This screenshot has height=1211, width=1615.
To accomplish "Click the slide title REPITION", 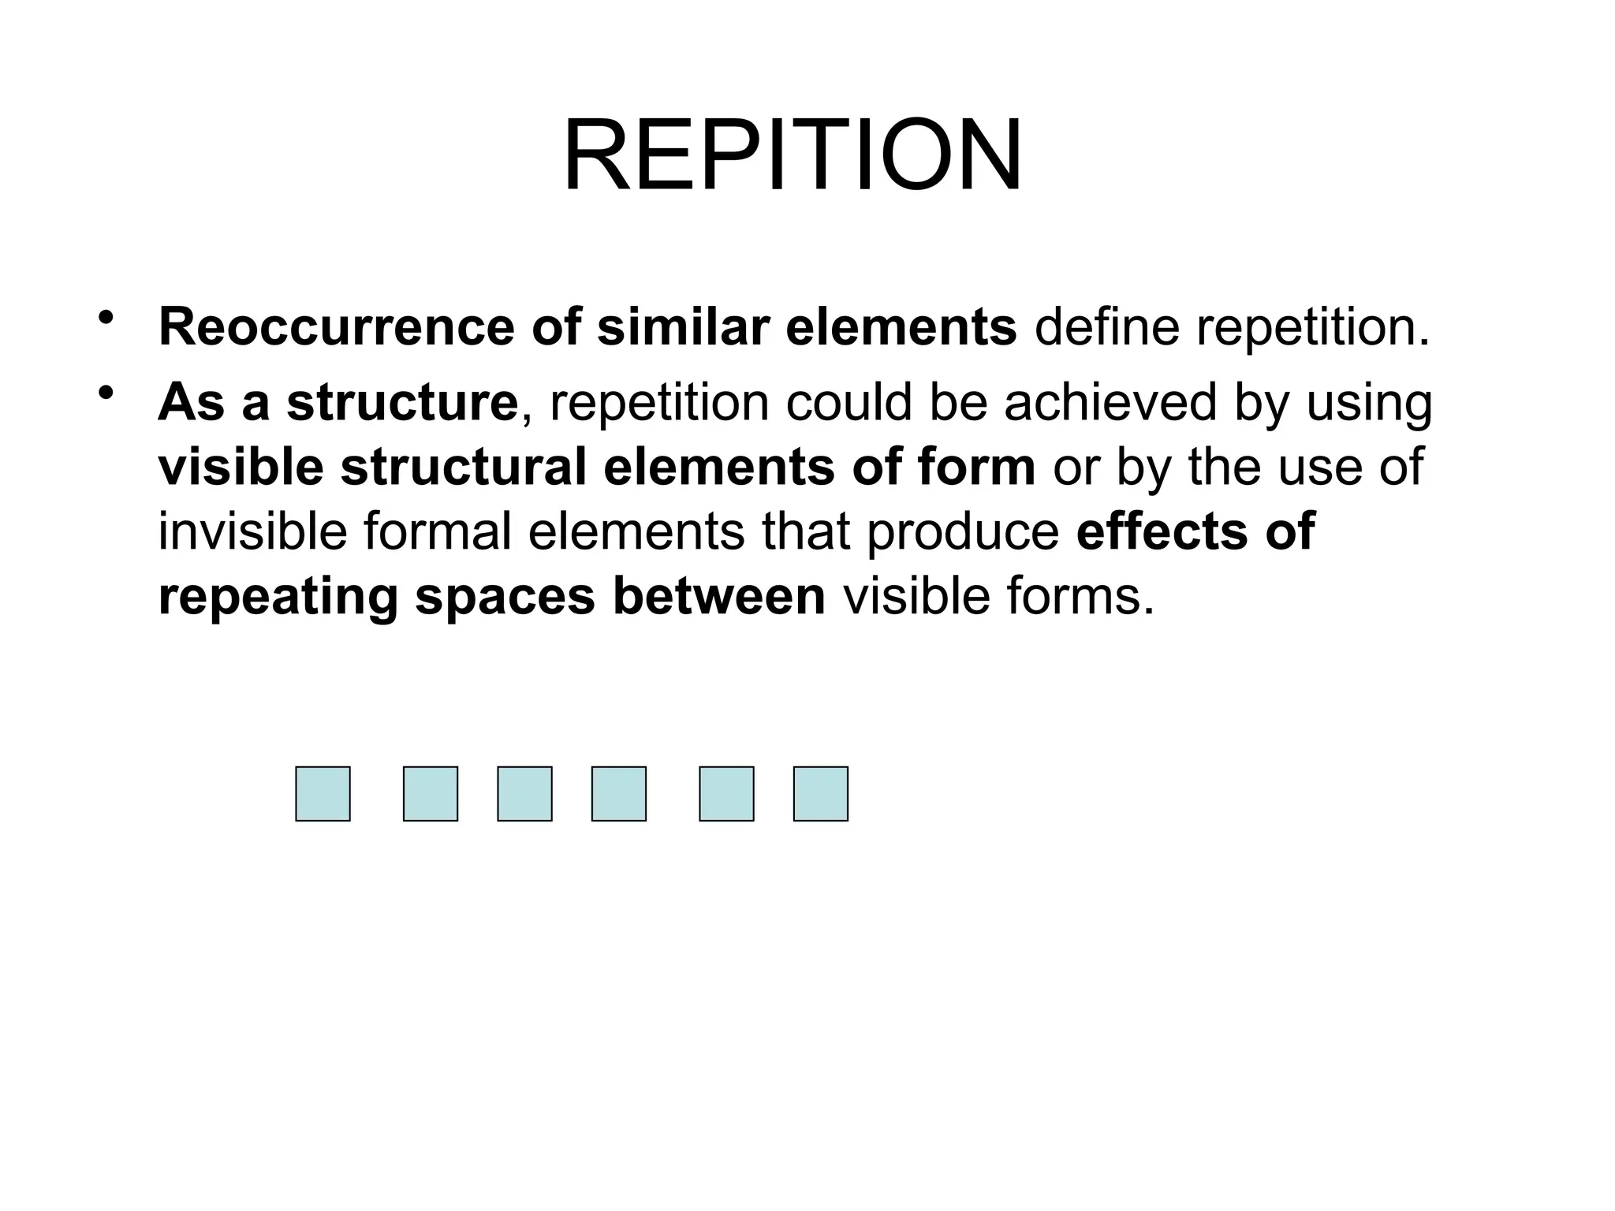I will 792,155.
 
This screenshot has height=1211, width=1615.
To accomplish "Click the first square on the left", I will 323,794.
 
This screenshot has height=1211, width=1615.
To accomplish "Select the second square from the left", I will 431,794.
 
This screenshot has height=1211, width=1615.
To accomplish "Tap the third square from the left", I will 524,794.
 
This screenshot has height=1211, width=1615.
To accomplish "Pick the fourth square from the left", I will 619,794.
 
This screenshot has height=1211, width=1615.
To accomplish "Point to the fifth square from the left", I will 726,794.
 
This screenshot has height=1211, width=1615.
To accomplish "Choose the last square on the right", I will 821,794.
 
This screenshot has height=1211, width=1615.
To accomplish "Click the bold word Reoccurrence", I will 337,327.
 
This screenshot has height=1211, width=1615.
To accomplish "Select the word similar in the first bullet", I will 683,327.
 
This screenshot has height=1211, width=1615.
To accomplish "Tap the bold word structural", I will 464,468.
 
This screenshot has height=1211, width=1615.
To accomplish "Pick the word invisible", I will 252,532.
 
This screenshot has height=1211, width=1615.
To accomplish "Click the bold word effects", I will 1162,532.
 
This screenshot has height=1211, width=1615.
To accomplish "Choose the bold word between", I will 718,597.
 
